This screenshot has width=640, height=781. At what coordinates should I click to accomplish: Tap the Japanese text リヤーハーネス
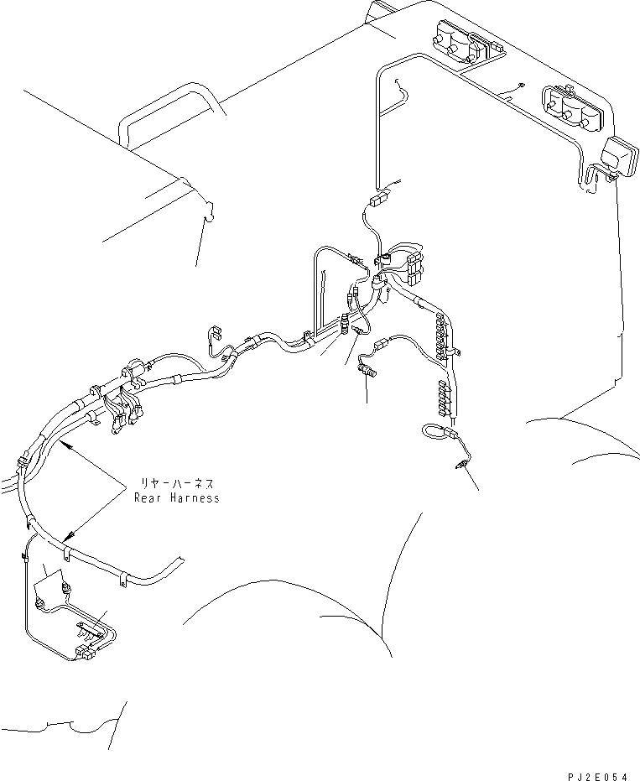click(x=175, y=484)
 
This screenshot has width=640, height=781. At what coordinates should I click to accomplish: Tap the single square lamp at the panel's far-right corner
click(x=619, y=157)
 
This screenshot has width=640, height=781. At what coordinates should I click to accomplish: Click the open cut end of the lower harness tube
click(x=183, y=560)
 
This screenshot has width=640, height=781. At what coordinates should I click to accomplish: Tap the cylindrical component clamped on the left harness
click(x=133, y=368)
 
